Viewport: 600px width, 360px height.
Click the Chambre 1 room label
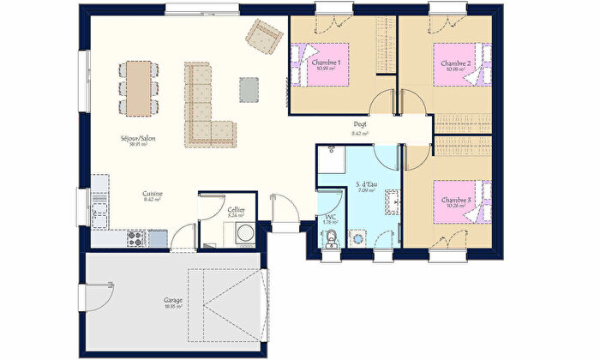tap(326, 63)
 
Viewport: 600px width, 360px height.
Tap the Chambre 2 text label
tap(456, 63)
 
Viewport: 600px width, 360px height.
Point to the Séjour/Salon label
tap(137, 138)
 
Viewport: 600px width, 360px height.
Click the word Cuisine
tap(153, 194)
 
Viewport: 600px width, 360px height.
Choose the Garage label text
tap(172, 300)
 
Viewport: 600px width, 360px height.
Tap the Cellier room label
tap(236, 210)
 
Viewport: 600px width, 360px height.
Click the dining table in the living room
tap(137, 86)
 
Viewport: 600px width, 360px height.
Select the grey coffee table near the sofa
tap(249, 87)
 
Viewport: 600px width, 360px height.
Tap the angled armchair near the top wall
tap(263, 35)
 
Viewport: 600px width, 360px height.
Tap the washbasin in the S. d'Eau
tap(393, 202)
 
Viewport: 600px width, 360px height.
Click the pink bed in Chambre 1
tap(325, 65)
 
